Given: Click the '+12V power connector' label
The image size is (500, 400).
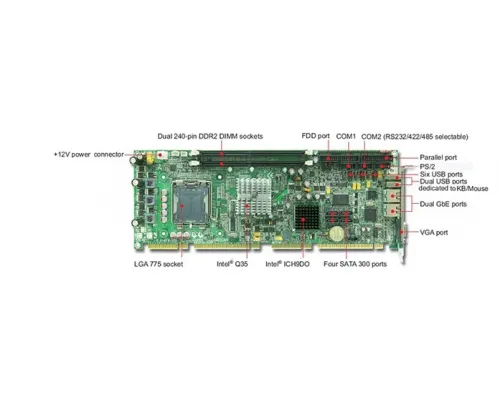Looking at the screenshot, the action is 89,155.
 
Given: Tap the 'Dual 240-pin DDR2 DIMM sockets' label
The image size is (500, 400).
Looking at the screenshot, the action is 210,136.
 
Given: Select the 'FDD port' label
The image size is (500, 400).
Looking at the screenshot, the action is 315,136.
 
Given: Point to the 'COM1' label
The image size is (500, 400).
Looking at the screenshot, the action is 346,136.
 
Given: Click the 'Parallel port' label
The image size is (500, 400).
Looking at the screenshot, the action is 438,158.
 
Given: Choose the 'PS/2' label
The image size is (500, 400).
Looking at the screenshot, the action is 427,167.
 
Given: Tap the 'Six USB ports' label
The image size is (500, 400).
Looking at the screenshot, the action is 441,174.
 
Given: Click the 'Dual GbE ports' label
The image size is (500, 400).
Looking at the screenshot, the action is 443,204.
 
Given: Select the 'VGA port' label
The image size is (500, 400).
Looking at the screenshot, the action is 434,233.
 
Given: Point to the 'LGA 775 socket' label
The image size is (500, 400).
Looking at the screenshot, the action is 158,264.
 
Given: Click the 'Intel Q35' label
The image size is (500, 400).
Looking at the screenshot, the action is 232,264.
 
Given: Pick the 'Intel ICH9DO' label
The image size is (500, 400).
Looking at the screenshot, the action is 287,264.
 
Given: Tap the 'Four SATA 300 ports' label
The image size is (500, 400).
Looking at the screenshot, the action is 355,264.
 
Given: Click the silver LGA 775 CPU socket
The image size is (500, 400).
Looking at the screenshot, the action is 191,203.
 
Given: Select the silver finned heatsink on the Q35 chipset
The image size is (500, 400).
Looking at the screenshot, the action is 253,195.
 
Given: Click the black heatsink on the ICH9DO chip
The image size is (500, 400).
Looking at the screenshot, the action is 307,217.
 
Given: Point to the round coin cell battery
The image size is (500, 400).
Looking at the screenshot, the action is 336,233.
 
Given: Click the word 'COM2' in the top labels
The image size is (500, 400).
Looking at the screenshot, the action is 371,137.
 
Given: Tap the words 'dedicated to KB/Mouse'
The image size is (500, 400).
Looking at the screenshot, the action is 453,189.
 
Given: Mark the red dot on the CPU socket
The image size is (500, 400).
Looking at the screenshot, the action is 182,206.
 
